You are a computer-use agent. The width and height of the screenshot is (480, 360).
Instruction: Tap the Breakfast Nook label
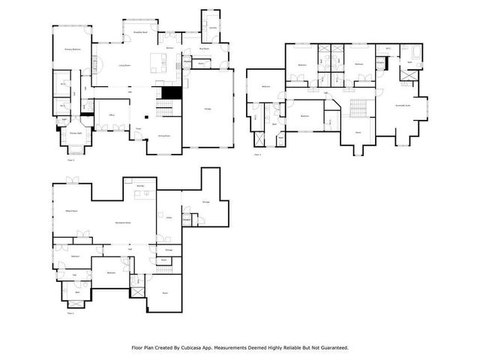tap(139, 33)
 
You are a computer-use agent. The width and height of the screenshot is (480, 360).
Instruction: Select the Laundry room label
tap(213, 28)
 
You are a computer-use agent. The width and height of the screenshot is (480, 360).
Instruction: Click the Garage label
tap(207, 109)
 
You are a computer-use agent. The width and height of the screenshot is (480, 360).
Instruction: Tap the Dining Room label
tap(163, 136)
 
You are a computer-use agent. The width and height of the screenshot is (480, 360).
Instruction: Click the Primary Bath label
tap(75, 133)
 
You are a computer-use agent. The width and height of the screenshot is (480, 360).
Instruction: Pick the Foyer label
tap(138, 130)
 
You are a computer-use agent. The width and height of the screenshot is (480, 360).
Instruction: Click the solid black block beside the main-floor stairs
tap(172, 92)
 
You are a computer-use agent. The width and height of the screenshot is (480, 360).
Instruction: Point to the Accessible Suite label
tap(402, 106)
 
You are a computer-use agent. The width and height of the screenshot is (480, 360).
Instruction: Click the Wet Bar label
tap(139, 185)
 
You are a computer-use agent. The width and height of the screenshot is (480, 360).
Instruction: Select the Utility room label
tap(169, 218)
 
